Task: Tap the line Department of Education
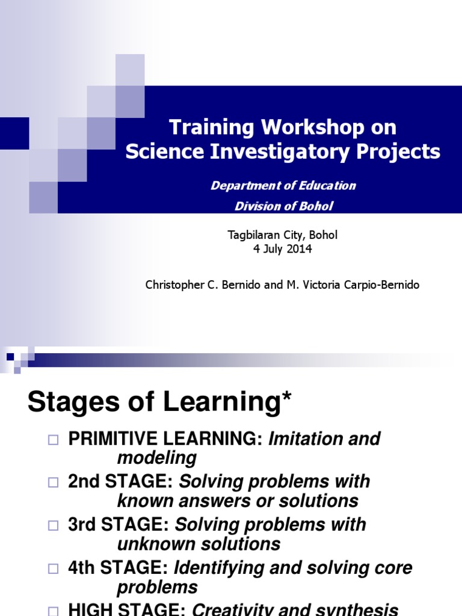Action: coord(283,185)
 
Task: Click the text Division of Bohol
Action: coord(283,206)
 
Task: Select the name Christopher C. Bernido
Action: coord(203,285)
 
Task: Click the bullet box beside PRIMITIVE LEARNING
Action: coord(53,440)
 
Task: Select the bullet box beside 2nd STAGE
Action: coord(53,482)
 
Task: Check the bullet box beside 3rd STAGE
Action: coord(53,525)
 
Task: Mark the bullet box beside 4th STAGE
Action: coord(53,568)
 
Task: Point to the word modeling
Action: coord(156,458)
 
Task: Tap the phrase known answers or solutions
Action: coord(238,500)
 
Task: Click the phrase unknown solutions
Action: coord(199,544)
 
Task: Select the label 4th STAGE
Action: coord(118,568)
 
